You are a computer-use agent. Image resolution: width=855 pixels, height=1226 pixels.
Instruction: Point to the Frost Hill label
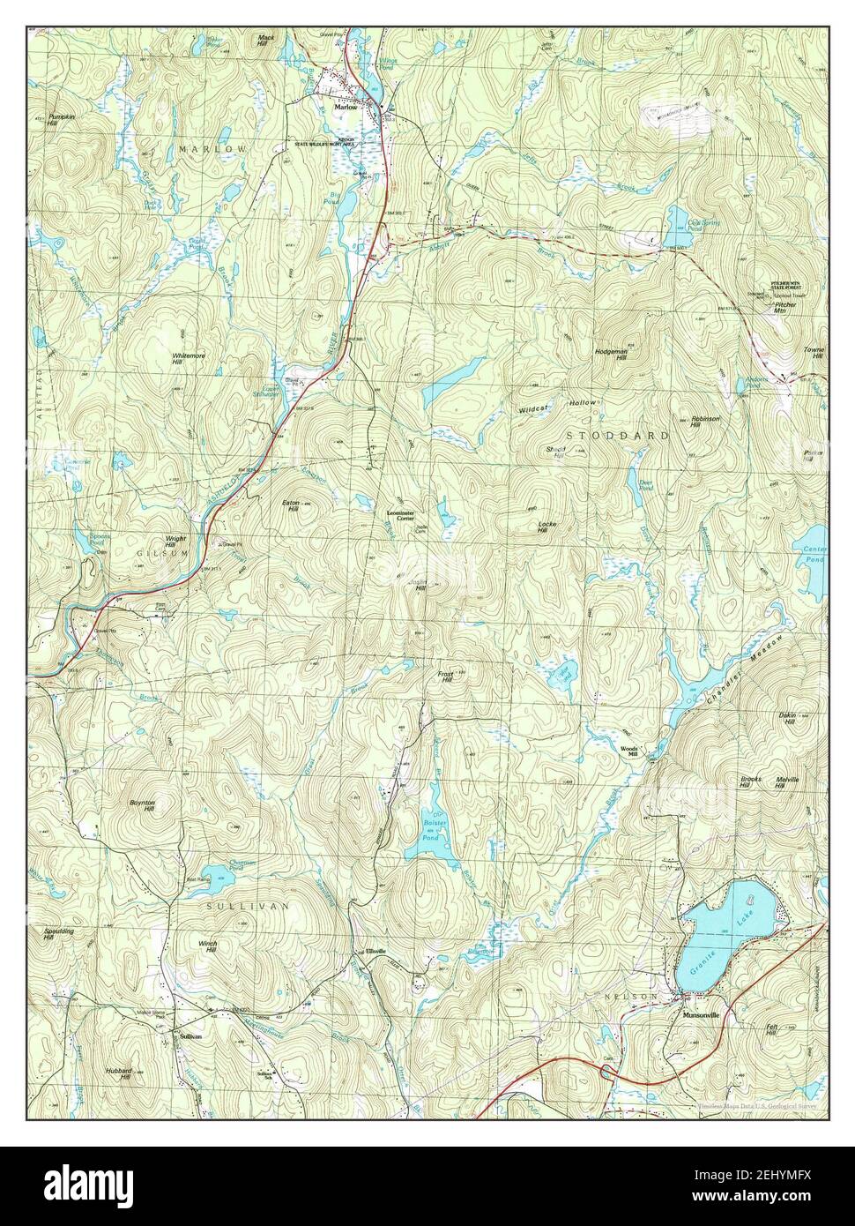tap(444, 677)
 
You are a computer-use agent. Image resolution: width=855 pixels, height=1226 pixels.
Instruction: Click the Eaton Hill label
tap(291, 505)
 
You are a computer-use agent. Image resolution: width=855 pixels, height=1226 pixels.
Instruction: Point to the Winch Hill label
tap(208, 946)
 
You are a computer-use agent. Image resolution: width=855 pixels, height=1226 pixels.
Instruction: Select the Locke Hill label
tap(546, 527)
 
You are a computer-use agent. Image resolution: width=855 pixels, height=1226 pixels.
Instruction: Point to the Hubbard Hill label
tap(123, 1073)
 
